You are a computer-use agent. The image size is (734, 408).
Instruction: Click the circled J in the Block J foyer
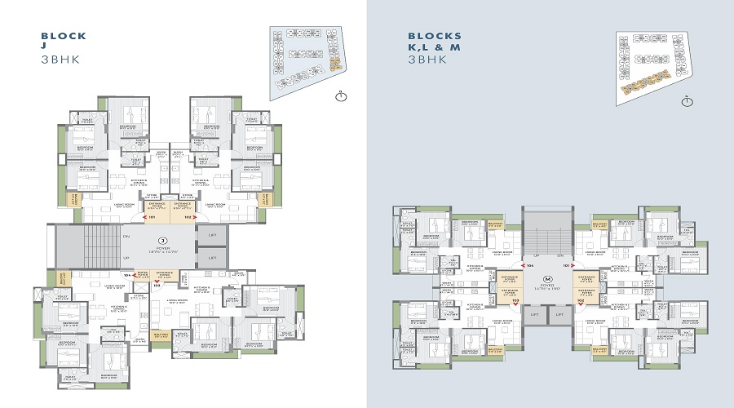pyautogui.click(x=162, y=241)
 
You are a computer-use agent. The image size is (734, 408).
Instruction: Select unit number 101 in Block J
pyautogui.click(x=152, y=218)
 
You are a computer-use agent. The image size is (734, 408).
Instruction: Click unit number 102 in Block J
pyautogui.click(x=187, y=218)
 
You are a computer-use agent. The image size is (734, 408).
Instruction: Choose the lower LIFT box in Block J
pyautogui.click(x=211, y=257)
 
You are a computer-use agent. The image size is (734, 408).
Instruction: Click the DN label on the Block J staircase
pyautogui.click(x=126, y=236)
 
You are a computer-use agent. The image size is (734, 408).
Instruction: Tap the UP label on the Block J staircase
pyautogui.click(x=126, y=257)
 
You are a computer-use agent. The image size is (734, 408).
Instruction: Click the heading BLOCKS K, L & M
pyautogui.click(x=435, y=42)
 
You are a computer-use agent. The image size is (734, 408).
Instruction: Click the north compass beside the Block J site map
pyautogui.click(x=341, y=96)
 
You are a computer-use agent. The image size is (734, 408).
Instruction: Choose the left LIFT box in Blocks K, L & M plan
pyautogui.click(x=534, y=313)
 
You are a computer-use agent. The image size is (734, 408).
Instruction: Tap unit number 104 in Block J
pyautogui.click(x=128, y=276)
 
